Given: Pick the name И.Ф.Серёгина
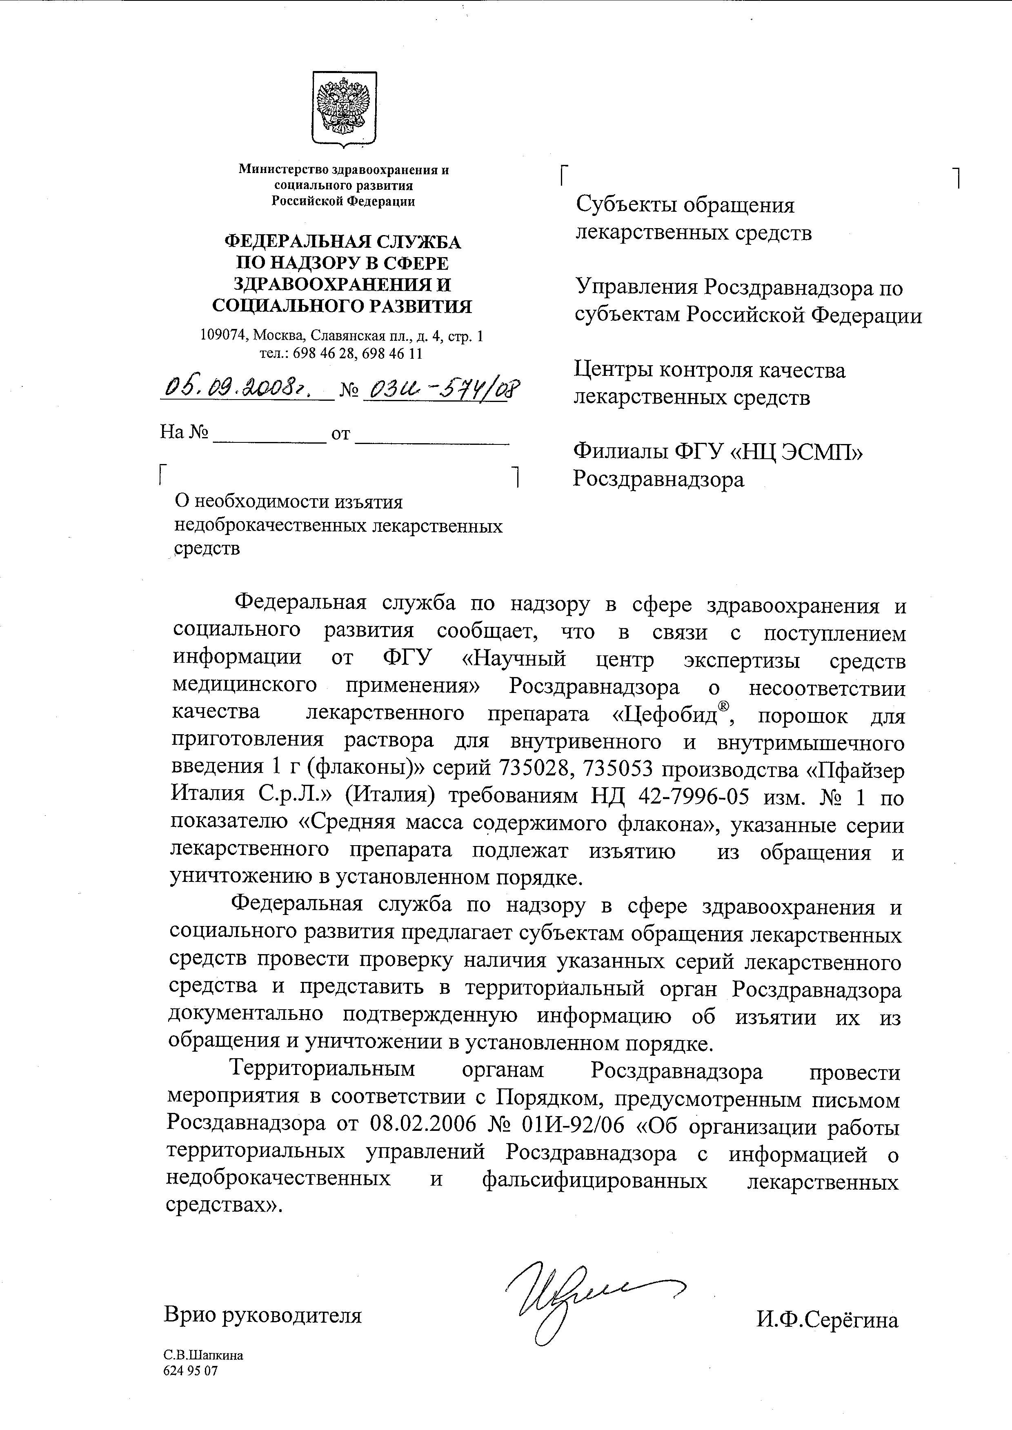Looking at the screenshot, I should (827, 1320).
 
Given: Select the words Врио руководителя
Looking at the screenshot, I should (262, 1315).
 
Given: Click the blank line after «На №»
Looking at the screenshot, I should (269, 434).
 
